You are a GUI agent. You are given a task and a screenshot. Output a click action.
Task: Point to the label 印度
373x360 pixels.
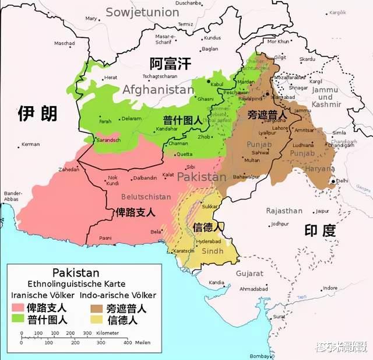click(x=321, y=230)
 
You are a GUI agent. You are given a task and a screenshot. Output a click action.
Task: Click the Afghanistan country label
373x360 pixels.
click(x=157, y=90)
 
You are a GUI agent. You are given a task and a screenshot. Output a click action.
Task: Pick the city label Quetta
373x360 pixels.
click(x=184, y=155)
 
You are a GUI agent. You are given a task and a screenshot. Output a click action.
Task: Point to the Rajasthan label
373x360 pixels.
click(x=284, y=211)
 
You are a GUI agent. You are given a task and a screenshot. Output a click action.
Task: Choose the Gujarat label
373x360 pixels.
click(x=249, y=273)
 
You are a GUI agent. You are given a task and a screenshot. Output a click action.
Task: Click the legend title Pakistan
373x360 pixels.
click(x=76, y=272)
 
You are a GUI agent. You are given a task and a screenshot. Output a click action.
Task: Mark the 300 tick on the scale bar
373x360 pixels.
click(x=87, y=333)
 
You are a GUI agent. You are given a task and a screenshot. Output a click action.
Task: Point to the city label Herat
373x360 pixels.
click(x=111, y=78)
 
